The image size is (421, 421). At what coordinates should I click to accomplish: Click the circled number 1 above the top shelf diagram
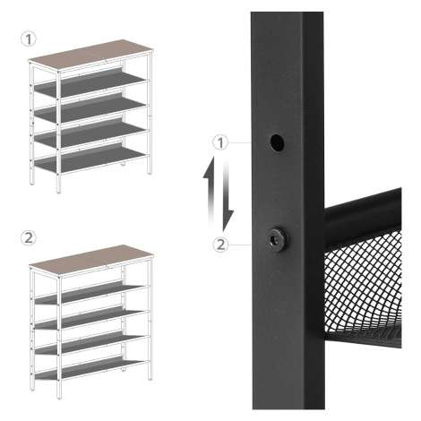[29, 39]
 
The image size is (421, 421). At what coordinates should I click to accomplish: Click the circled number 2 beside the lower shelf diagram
[29, 238]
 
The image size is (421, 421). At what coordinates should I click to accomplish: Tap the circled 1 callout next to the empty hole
[220, 142]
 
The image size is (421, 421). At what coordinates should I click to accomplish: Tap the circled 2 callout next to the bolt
[220, 245]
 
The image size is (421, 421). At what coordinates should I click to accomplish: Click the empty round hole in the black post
[277, 142]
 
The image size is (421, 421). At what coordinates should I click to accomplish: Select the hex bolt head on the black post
[276, 239]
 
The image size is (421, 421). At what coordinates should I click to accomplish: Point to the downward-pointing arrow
[228, 197]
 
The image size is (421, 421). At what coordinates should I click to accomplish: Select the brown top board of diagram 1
[91, 55]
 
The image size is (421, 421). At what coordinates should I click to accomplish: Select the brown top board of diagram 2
[91, 261]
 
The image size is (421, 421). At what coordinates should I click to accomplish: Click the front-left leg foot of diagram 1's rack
[59, 190]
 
